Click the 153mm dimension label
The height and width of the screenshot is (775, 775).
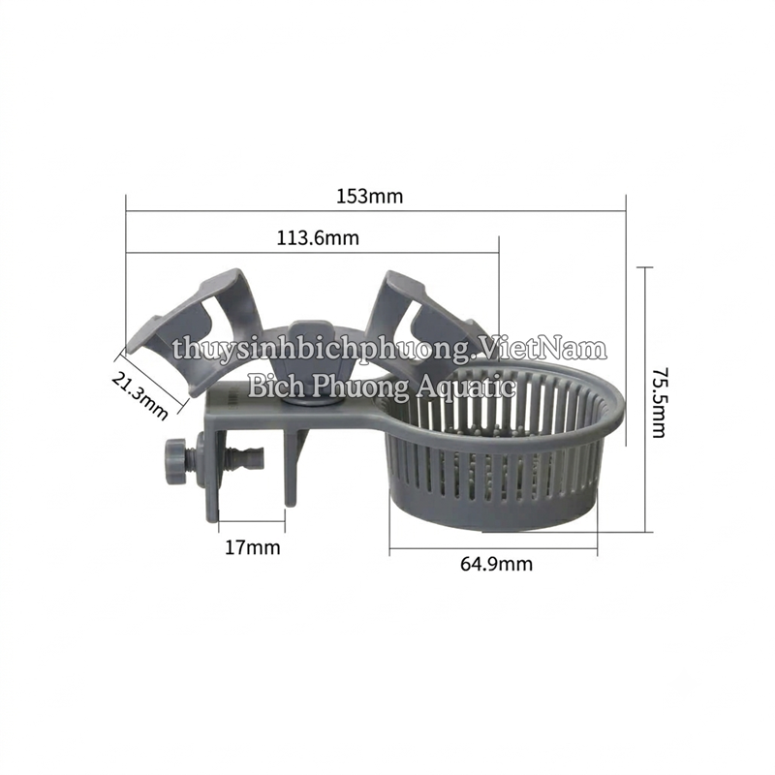point(370,197)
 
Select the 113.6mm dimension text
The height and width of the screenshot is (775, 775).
point(318,238)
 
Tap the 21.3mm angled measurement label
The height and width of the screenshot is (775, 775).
point(139,395)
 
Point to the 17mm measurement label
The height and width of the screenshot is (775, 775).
point(253,547)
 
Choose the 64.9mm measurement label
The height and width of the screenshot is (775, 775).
point(497,564)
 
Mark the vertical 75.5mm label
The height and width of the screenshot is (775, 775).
point(659,402)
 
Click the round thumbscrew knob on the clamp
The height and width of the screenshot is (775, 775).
point(175,462)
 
